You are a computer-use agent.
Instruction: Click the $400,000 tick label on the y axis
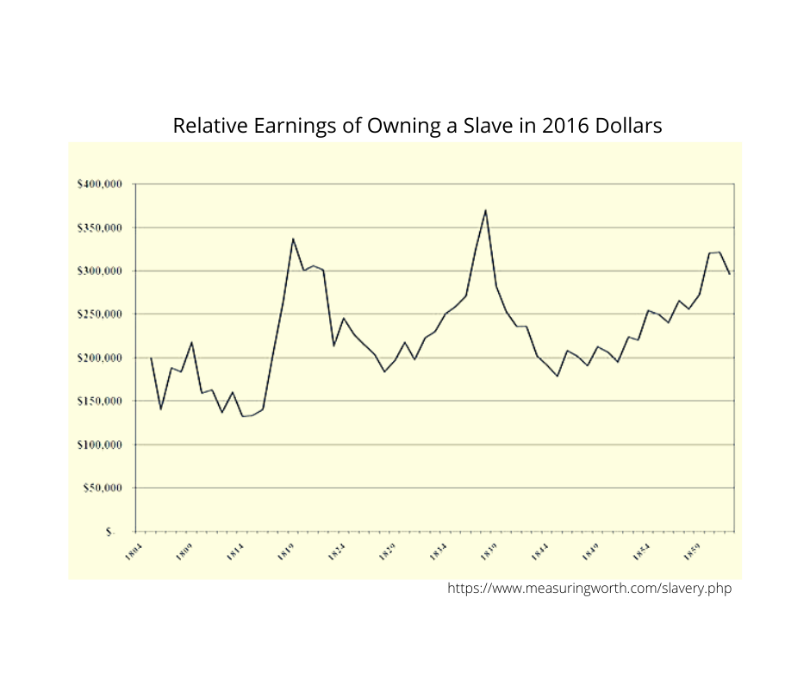(102, 184)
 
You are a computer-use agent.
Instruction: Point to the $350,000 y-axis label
(102, 227)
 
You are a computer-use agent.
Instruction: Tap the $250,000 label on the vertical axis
(102, 315)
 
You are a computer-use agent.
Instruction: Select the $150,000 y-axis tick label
(102, 402)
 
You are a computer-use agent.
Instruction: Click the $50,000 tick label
(104, 488)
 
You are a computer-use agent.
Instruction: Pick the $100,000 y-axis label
(102, 445)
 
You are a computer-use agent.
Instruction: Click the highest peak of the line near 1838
(486, 210)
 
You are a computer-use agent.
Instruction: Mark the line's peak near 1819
(293, 239)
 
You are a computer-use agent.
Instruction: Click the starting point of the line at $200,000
(151, 358)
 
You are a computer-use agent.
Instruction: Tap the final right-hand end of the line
(729, 274)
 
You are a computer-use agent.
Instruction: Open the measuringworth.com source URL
(589, 589)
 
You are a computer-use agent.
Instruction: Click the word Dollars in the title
(626, 126)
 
